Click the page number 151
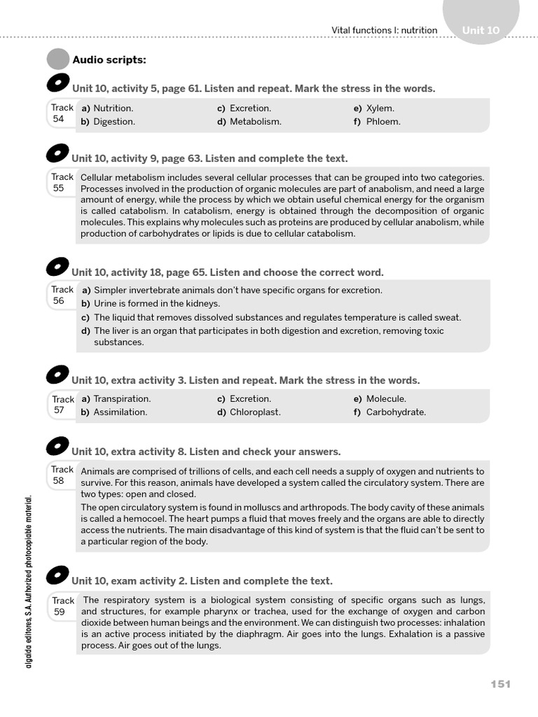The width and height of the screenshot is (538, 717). tap(500, 684)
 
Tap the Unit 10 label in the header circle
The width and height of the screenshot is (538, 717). tap(481, 30)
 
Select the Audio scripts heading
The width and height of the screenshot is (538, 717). tap(109, 60)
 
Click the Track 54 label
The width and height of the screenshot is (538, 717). tap(62, 113)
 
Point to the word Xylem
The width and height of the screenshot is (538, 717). tap(380, 109)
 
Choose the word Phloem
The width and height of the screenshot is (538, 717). tap(383, 122)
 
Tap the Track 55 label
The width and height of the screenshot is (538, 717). tap(62, 183)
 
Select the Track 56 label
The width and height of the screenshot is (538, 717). tap(62, 295)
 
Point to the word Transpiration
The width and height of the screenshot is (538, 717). tap(122, 399)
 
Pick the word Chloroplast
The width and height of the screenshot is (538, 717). tap(255, 412)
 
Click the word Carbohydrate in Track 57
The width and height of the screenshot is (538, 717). tap(396, 412)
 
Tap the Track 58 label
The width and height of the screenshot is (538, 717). tap(62, 475)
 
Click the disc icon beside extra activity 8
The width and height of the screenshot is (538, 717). tap(57, 447)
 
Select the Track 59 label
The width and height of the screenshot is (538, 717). tap(62, 606)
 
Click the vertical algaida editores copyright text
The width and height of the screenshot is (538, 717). tap(29, 581)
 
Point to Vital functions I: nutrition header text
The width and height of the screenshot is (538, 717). tap(384, 30)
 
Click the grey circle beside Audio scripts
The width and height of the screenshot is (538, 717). tap(57, 60)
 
